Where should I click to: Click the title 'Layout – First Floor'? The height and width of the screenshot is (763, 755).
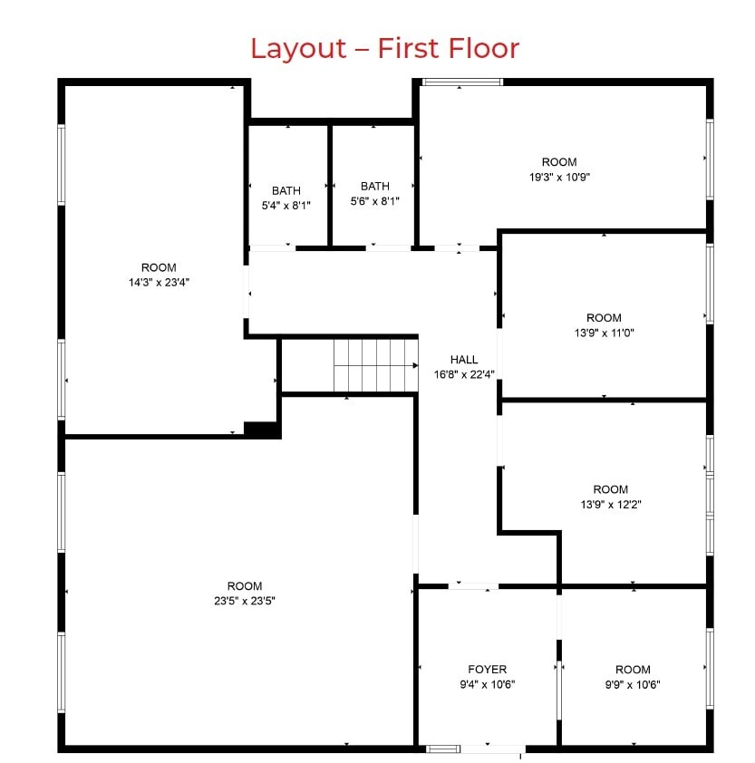(384, 47)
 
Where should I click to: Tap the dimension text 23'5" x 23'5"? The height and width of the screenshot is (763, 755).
(245, 601)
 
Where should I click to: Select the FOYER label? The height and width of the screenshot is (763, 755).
(488, 670)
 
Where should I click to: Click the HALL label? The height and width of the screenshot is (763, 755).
(463, 360)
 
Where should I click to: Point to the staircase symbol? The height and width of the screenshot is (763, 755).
(374, 365)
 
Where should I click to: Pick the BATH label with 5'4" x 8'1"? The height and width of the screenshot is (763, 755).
(286, 190)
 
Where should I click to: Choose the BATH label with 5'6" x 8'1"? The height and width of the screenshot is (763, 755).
(374, 186)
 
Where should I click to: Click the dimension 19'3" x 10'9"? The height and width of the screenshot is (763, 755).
(559, 178)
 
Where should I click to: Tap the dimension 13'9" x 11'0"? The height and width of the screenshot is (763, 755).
(604, 333)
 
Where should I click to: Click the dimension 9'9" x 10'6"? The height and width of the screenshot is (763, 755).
(633, 685)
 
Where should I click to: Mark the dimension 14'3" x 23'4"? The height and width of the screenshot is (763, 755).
(159, 282)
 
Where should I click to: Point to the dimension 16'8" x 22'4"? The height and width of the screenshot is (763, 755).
(463, 374)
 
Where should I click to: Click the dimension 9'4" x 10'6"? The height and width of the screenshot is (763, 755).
(488, 685)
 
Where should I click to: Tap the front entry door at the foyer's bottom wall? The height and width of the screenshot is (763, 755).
(487, 749)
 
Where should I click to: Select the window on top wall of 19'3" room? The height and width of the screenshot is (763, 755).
(462, 82)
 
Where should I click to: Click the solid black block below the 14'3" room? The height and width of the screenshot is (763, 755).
(262, 430)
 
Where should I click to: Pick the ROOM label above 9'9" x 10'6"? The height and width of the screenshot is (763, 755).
(633, 670)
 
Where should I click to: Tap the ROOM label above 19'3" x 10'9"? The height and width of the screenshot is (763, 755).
(559, 162)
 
